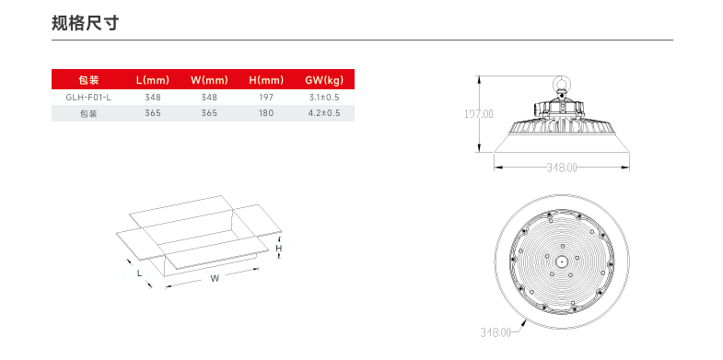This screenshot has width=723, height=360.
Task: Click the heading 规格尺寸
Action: (x=86, y=23)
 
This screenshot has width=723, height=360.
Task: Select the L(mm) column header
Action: (x=153, y=80)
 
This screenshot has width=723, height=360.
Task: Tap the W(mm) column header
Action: (x=209, y=80)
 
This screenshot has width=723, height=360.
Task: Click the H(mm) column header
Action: (x=266, y=80)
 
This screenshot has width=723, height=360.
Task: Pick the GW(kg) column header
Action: (x=324, y=80)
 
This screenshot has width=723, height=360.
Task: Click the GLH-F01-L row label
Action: (x=88, y=98)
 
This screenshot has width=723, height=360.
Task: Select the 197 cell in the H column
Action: (x=266, y=98)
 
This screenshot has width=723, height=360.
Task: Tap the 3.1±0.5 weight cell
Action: (x=324, y=98)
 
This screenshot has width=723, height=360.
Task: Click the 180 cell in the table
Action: (x=266, y=113)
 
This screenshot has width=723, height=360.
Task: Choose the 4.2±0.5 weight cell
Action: (x=324, y=113)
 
